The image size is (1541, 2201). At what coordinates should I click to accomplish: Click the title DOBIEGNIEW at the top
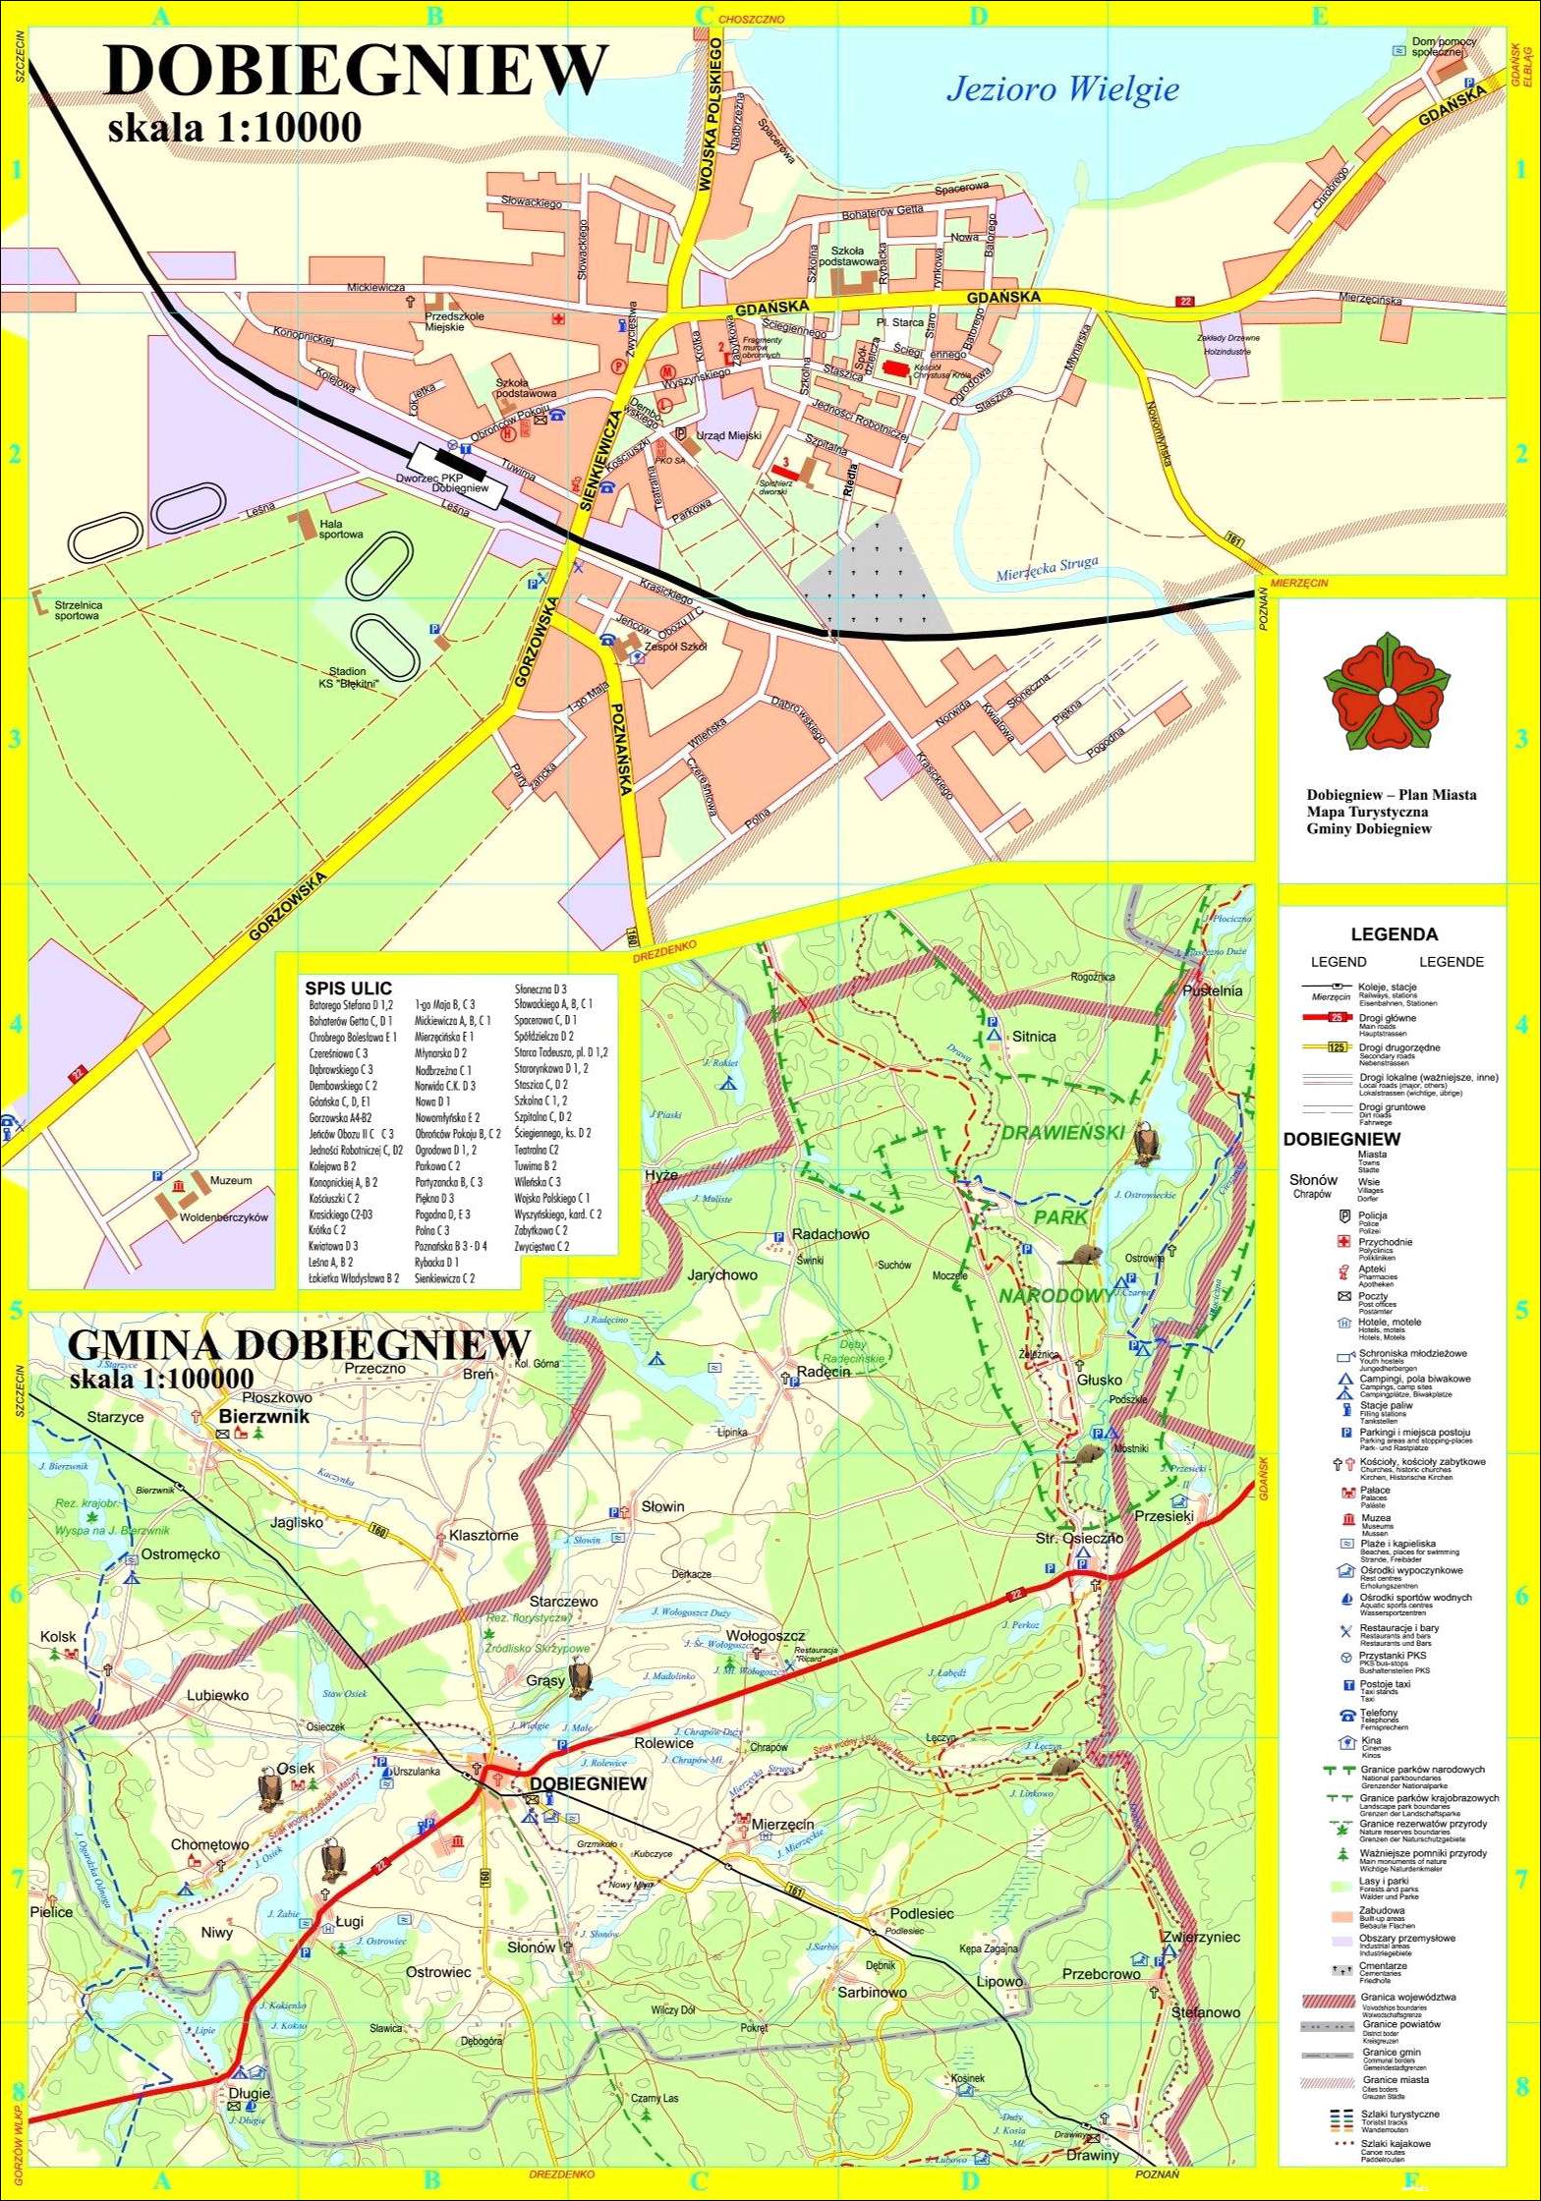point(354,71)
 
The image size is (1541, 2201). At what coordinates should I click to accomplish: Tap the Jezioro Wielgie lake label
point(1061,90)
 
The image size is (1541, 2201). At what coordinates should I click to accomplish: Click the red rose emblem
point(1387,696)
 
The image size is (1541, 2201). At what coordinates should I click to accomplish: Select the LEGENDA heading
point(1394,934)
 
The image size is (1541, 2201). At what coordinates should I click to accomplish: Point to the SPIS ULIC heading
point(348,988)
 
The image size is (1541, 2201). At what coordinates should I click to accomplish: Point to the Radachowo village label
point(829,1234)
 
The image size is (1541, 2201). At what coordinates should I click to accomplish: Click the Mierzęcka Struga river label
point(1046,572)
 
